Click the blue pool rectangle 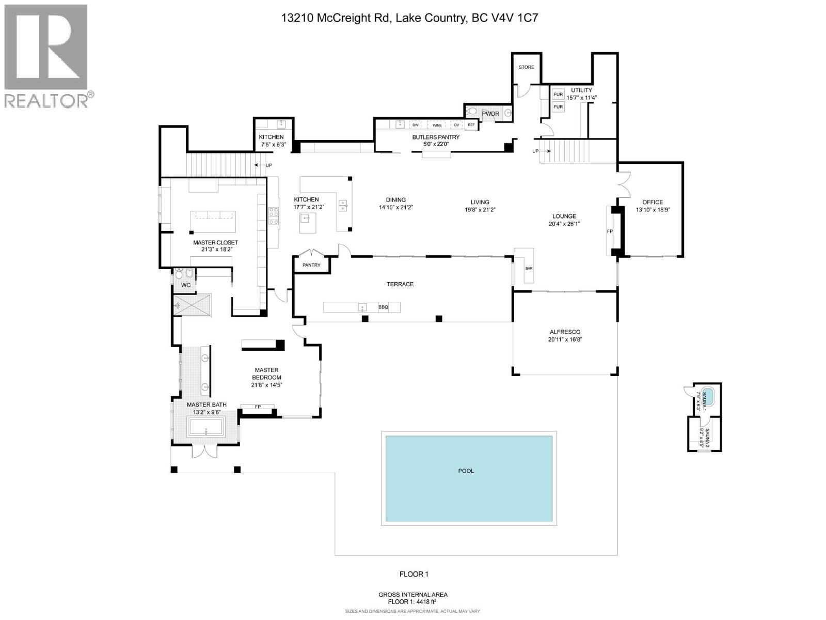pyautogui.click(x=469, y=471)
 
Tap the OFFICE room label pyautogui.click(x=653, y=202)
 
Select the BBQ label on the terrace pyautogui.click(x=383, y=307)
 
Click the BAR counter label pyautogui.click(x=529, y=269)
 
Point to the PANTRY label pyautogui.click(x=311, y=265)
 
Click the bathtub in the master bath pyautogui.click(x=205, y=427)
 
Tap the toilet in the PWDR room pyautogui.click(x=472, y=111)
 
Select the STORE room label pyautogui.click(x=526, y=67)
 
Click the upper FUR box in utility pyautogui.click(x=558, y=95)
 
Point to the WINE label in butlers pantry pyautogui.click(x=437, y=125)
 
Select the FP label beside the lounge pyautogui.click(x=610, y=231)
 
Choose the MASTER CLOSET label pyautogui.click(x=215, y=242)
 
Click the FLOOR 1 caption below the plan pyautogui.click(x=414, y=574)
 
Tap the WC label pyautogui.click(x=186, y=285)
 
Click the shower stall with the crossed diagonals pyautogui.click(x=193, y=305)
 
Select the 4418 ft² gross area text pyautogui.click(x=413, y=601)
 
